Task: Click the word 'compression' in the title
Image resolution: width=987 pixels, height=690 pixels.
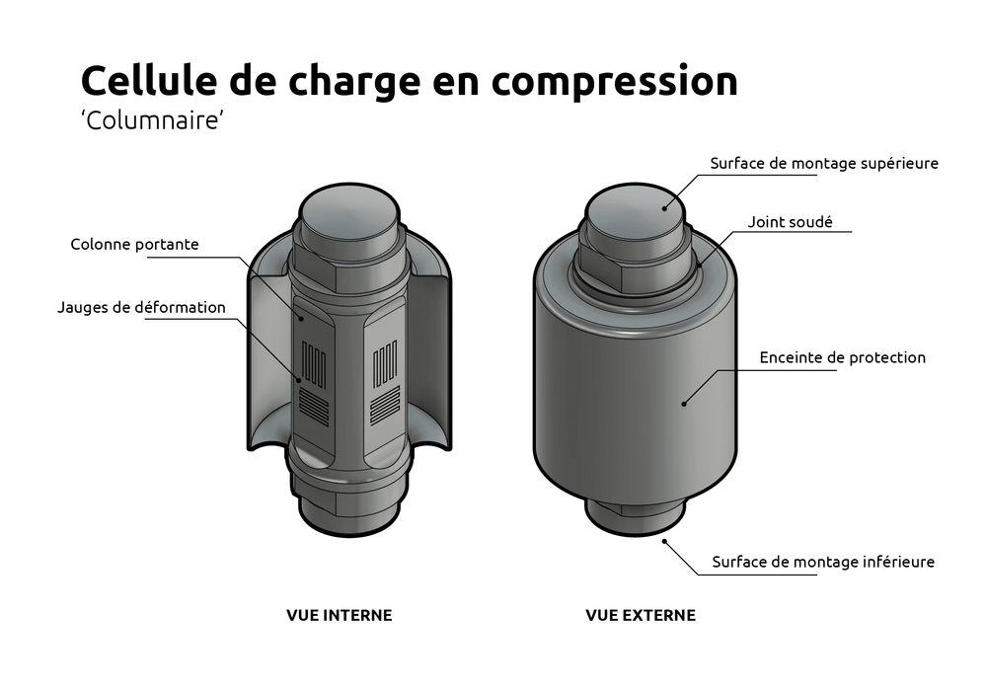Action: tap(614, 81)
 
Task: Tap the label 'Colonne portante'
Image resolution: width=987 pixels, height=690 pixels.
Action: tap(134, 244)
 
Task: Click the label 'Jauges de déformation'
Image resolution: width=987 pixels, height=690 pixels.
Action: tap(141, 307)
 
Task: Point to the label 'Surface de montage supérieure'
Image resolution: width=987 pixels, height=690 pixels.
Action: tap(823, 163)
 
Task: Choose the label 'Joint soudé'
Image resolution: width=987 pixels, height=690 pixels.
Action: tap(790, 222)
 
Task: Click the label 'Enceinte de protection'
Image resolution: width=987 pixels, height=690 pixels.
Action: tap(842, 357)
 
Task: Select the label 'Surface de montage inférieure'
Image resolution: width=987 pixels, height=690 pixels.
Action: tap(822, 562)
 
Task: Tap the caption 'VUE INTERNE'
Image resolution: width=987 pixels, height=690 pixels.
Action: tap(339, 615)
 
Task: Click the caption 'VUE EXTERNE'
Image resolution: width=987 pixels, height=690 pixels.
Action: tap(640, 615)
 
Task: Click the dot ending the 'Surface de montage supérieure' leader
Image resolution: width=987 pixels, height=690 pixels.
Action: tap(665, 206)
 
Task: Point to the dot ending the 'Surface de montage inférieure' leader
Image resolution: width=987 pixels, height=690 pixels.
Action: tap(666, 539)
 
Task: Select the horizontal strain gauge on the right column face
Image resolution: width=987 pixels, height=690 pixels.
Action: tap(383, 401)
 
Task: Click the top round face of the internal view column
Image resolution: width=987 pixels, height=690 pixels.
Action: tap(349, 209)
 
